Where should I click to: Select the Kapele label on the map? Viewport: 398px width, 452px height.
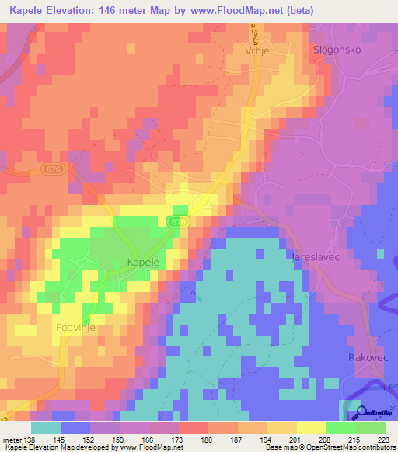[143, 263]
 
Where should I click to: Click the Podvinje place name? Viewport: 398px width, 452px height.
[76, 329]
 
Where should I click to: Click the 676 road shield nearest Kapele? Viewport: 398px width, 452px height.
[179, 222]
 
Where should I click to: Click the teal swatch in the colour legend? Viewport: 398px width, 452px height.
[46, 428]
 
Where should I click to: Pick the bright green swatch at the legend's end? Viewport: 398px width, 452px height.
[371, 428]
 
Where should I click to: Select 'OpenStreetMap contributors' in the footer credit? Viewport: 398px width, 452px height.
[350, 447]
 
